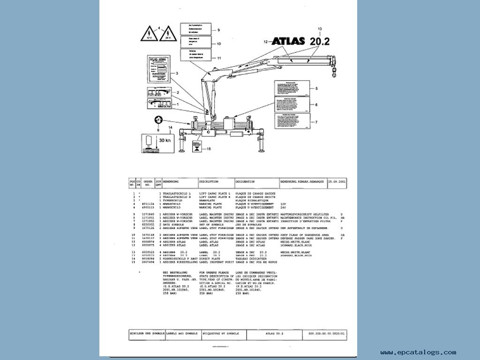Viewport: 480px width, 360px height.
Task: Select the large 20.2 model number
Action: [x=319, y=41]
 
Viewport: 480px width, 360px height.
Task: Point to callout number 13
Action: [x=320, y=29]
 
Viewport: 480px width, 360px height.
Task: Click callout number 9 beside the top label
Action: [x=218, y=30]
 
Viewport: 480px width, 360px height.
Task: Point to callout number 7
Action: [x=316, y=122]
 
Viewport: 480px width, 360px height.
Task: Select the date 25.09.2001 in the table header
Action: [x=337, y=181]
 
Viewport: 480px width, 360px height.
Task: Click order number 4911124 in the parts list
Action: [x=148, y=204]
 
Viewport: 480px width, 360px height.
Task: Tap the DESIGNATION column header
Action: [x=245, y=181]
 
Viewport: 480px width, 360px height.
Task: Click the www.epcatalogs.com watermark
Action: [x=418, y=352]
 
